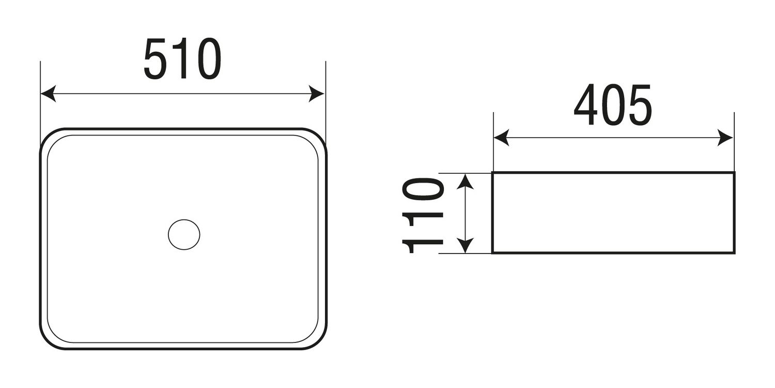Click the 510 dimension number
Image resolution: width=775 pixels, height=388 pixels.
pyautogui.click(x=182, y=58)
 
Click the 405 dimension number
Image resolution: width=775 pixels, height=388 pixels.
pyautogui.click(x=613, y=105)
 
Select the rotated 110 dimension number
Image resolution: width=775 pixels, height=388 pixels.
pyautogui.click(x=423, y=216)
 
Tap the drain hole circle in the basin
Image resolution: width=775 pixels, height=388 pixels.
pyautogui.click(x=184, y=234)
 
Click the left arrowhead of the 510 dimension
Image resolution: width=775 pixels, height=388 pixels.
pyautogui.click(x=48, y=94)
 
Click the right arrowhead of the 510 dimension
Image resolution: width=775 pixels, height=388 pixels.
pyautogui.click(x=316, y=94)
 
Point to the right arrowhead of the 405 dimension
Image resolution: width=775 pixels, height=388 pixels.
pyautogui.click(x=725, y=138)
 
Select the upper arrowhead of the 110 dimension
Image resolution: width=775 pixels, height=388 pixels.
pyautogui.click(x=466, y=182)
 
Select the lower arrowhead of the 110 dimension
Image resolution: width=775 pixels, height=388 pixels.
pyautogui.click(x=466, y=245)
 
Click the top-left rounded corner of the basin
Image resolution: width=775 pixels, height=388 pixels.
pyautogui.click(x=48, y=136)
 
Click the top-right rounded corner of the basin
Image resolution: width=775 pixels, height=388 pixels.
pyautogui.click(x=319, y=136)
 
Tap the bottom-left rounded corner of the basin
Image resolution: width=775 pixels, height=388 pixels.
pyautogui.click(x=48, y=341)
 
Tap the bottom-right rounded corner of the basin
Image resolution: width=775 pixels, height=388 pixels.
pyautogui.click(x=319, y=341)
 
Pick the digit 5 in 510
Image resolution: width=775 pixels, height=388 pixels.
pyautogui.click(x=156, y=58)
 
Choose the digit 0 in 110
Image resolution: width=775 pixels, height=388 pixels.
pyautogui.click(x=423, y=189)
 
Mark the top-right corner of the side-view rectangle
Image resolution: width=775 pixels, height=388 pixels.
pyautogui.click(x=734, y=172)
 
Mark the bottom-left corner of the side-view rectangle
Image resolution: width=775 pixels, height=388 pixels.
pyautogui.click(x=492, y=253)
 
